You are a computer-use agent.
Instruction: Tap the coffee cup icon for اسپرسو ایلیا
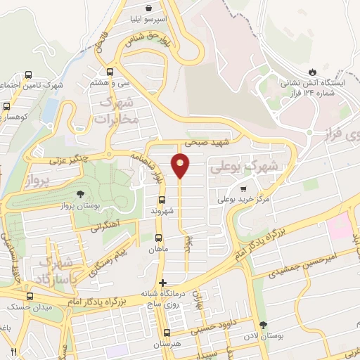(x=149, y=7)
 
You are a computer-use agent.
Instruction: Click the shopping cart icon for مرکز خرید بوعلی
(x=243, y=188)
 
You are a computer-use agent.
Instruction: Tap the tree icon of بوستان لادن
(x=264, y=325)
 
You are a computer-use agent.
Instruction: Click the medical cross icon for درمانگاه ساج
(x=164, y=283)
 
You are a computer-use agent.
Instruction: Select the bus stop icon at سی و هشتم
(x=109, y=71)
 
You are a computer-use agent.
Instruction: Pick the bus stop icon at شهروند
(x=161, y=199)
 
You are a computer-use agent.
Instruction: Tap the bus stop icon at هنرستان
(x=167, y=333)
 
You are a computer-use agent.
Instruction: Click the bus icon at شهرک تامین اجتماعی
(x=29, y=75)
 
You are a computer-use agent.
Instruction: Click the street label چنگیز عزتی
(x=70, y=160)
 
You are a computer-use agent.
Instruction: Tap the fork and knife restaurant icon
(x=13, y=351)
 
